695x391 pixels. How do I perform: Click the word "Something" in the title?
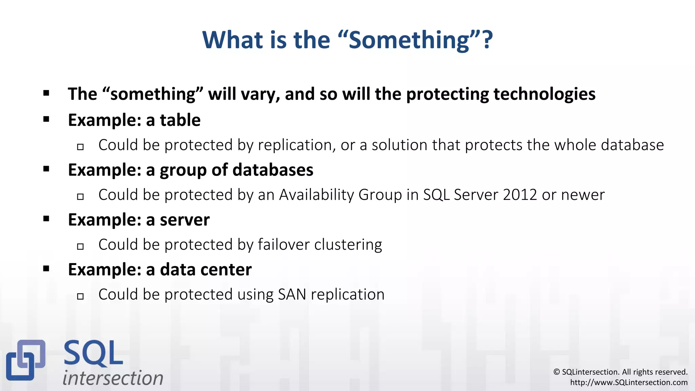click(409, 40)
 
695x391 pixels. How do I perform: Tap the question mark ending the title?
click(488, 40)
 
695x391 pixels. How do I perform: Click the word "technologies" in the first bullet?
click(544, 94)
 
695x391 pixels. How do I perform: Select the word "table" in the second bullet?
click(180, 120)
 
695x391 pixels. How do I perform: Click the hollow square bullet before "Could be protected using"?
click(80, 296)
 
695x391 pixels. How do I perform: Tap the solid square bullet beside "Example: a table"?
click(46, 119)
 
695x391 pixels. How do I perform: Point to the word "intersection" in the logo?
click(113, 378)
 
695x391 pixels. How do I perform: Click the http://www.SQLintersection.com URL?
click(628, 383)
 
